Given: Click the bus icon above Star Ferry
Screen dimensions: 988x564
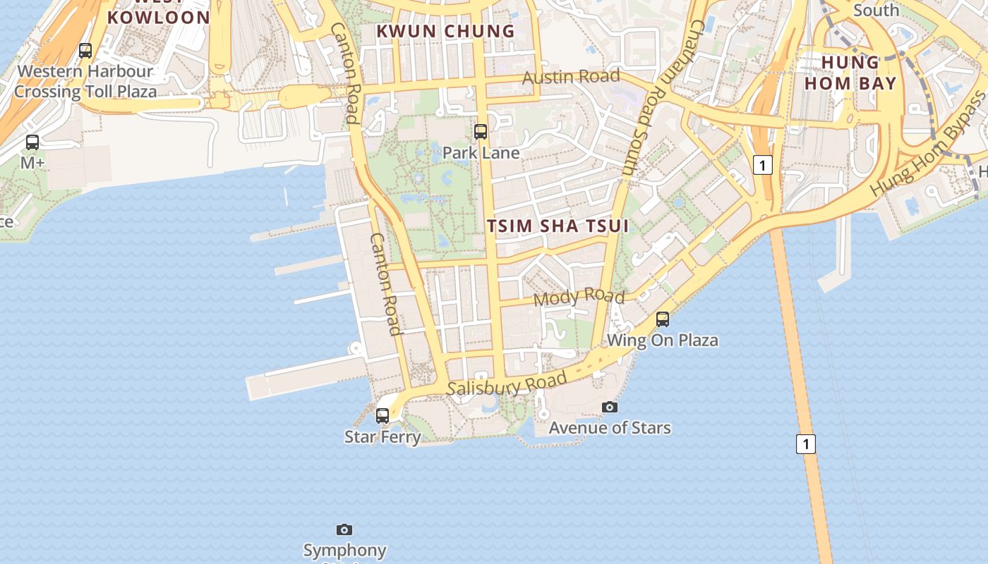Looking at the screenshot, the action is tap(382, 416).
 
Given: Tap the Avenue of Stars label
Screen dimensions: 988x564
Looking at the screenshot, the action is tap(610, 428).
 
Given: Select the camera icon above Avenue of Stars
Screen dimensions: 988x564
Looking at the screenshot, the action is tap(610, 407).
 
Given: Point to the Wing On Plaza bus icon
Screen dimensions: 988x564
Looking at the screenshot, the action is tap(663, 319).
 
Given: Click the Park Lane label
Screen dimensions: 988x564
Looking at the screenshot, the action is tap(481, 153).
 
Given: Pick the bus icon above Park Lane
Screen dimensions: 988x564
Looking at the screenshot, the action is tap(481, 131).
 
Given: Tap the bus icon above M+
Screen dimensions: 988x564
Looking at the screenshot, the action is tap(32, 142).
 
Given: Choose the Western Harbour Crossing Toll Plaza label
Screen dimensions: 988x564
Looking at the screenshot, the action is tap(85, 81).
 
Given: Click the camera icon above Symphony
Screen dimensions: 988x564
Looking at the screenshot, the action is tap(344, 529).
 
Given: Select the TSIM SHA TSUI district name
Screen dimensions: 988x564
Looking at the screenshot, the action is tap(558, 226).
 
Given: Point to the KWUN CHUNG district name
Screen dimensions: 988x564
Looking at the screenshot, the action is tap(445, 31).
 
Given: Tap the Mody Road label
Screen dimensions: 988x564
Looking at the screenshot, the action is tap(579, 298).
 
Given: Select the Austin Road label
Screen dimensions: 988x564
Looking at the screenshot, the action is tap(571, 76).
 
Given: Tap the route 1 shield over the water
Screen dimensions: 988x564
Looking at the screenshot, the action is tap(806, 444).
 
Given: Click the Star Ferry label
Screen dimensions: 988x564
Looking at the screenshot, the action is tap(382, 437).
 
